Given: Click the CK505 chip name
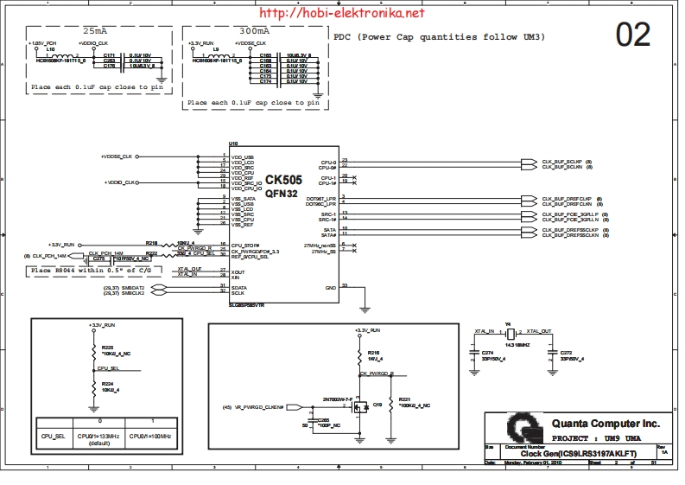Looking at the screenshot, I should pyautogui.click(x=282, y=180).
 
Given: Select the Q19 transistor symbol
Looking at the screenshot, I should pyautogui.click(x=364, y=403).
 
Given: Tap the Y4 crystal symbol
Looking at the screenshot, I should pyautogui.click(x=510, y=335).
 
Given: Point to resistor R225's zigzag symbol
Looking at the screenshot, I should pyautogui.click(x=92, y=353).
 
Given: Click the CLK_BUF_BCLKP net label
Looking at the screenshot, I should pyautogui.click(x=562, y=161).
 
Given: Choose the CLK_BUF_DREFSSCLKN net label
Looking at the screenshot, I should pyautogui.click(x=571, y=235).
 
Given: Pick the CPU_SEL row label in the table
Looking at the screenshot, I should pyautogui.click(x=53, y=437).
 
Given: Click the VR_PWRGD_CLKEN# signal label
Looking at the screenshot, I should pyautogui.click(x=260, y=406).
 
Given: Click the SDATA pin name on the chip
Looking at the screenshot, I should pyautogui.click(x=239, y=286).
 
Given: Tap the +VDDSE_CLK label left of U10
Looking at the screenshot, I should pyautogui.click(x=117, y=156).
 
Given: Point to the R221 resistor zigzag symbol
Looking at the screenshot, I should pyautogui.click(x=392, y=404).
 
